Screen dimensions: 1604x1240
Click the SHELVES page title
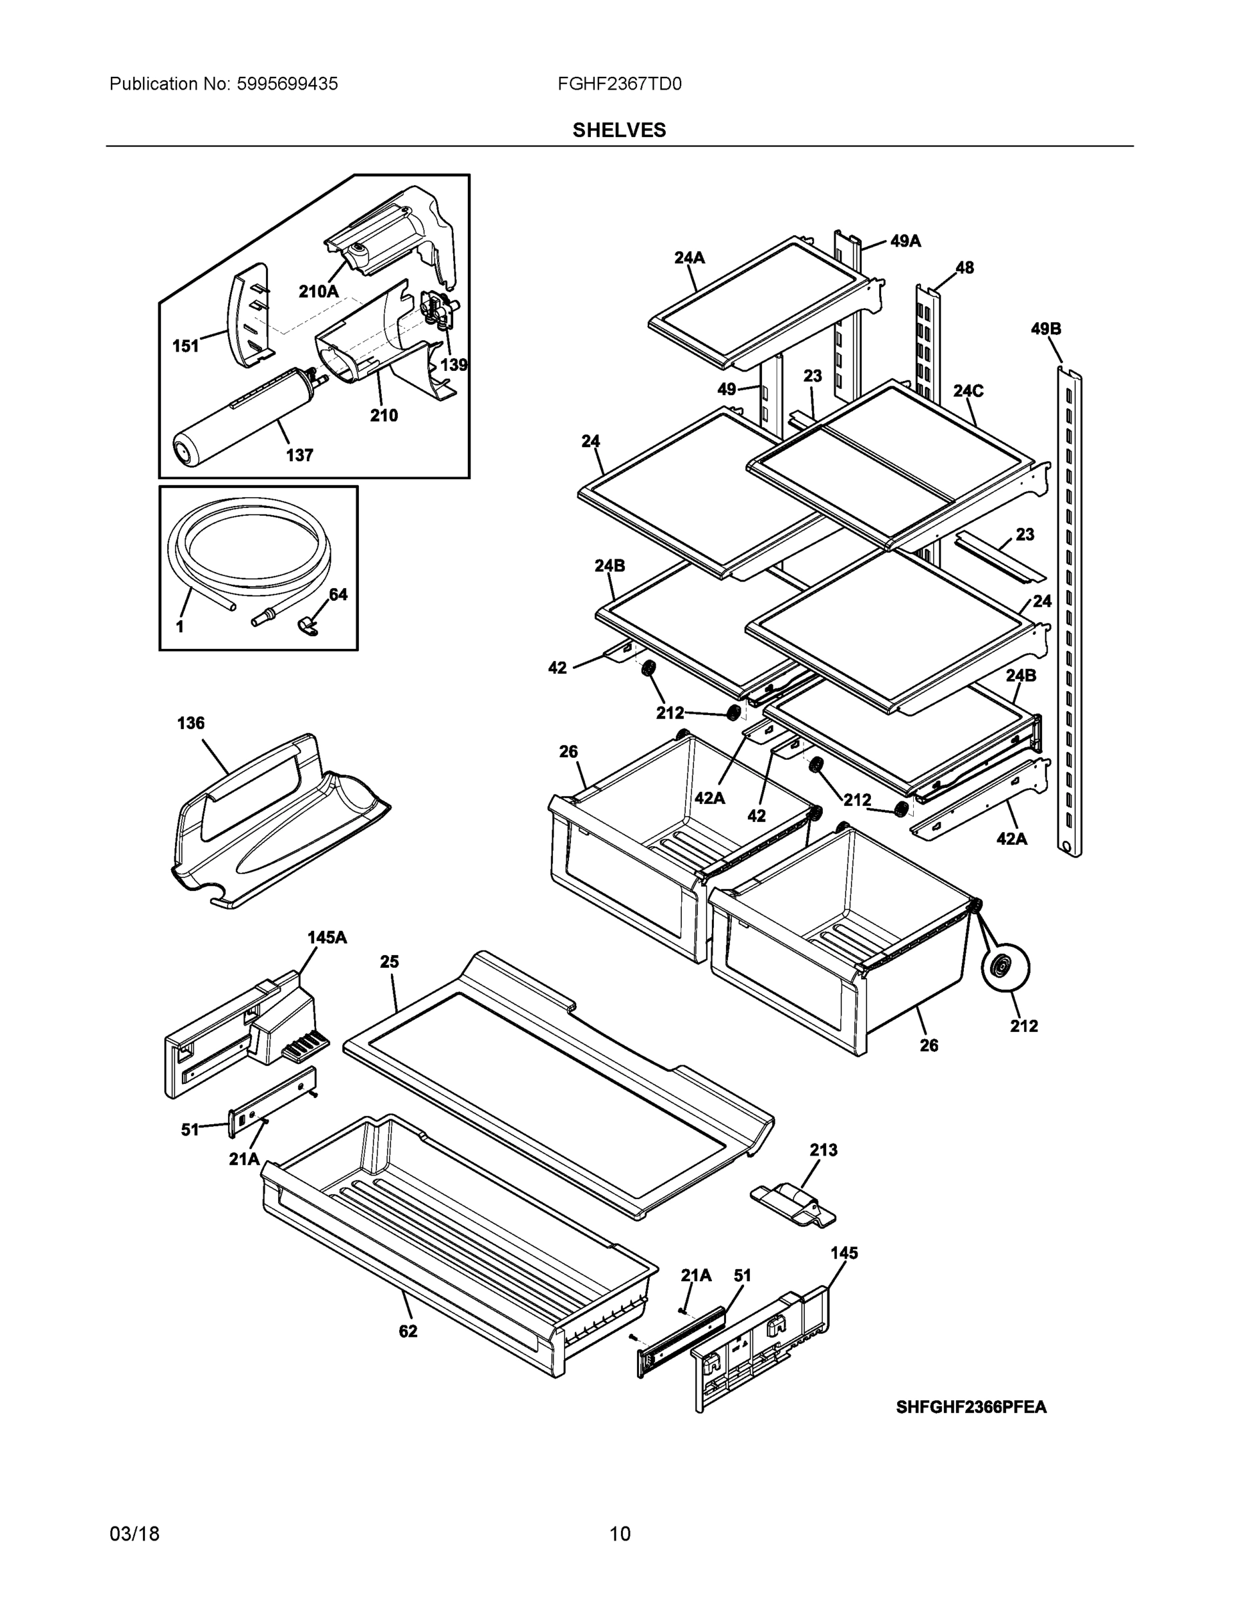coord(619,130)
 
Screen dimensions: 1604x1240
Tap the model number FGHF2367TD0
coord(619,84)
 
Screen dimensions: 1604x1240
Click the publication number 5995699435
coord(287,84)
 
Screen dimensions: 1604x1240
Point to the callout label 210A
coord(318,291)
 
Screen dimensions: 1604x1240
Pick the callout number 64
coord(338,594)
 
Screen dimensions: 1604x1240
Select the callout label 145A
coord(327,937)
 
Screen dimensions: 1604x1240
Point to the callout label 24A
coord(689,257)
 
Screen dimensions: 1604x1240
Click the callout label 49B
coord(1045,329)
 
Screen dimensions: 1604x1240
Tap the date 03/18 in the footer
coord(134,1534)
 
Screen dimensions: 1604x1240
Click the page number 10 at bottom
coord(619,1534)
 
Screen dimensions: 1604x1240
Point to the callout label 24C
coord(967,391)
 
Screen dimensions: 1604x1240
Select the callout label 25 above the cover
coord(389,961)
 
